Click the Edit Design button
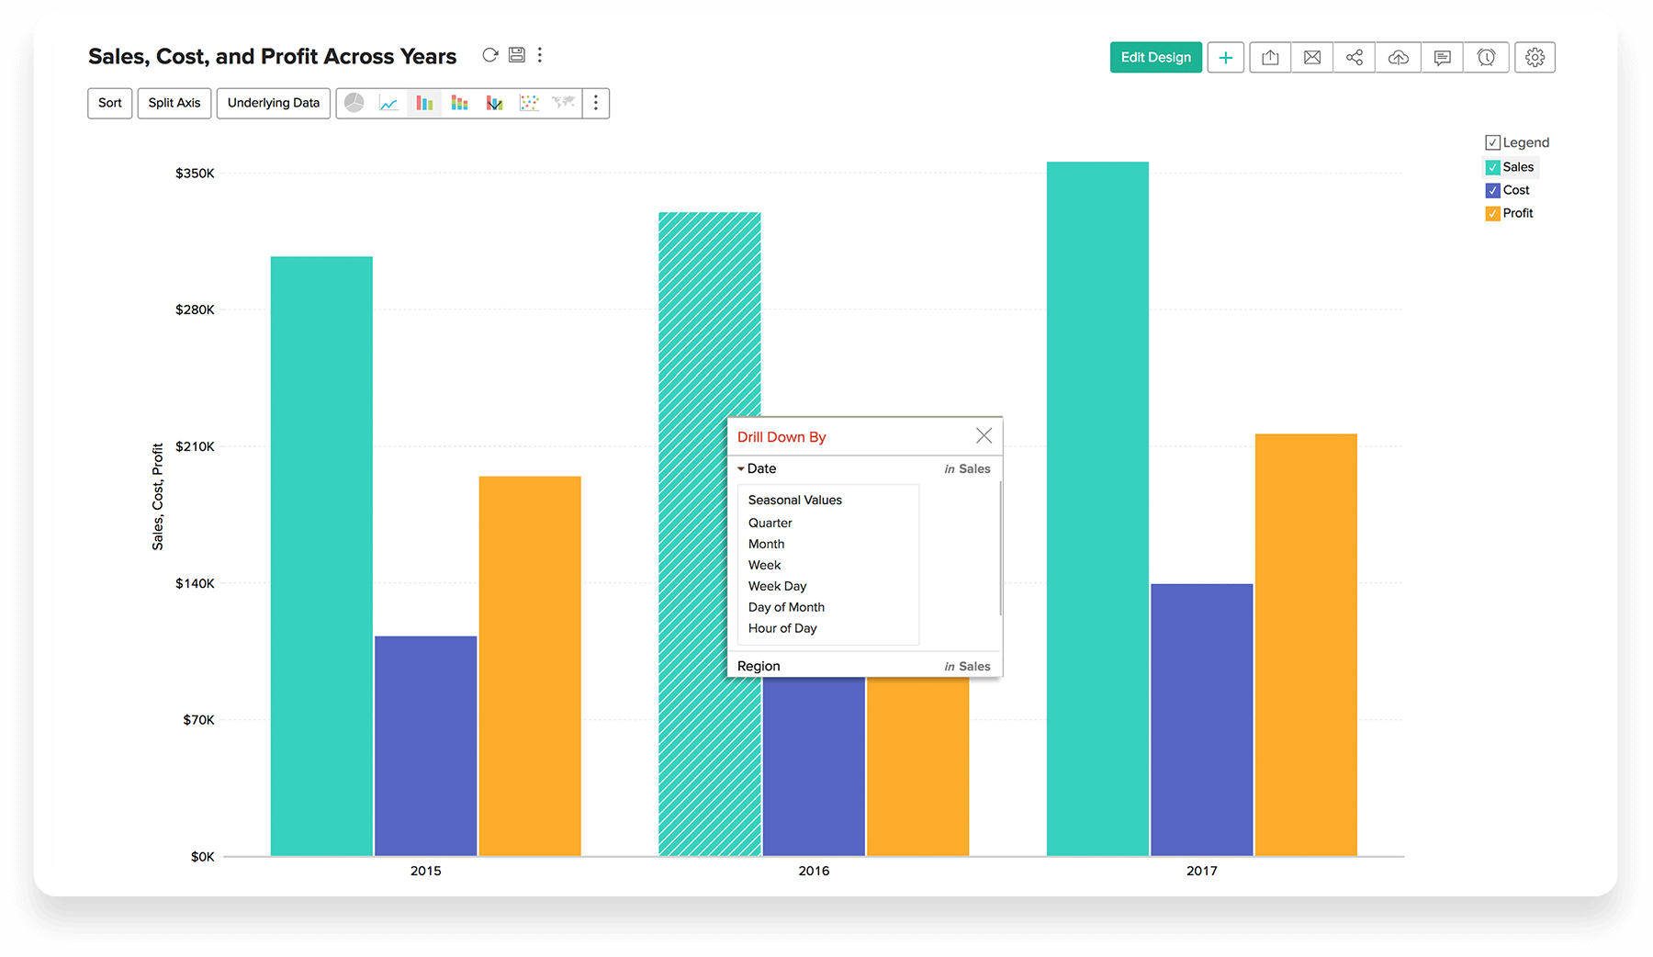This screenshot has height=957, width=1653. pyautogui.click(x=1155, y=57)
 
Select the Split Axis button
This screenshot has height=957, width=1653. pyautogui.click(x=174, y=103)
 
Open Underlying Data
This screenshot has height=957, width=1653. pyautogui.click(x=273, y=103)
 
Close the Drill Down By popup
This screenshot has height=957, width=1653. pyautogui.click(x=984, y=435)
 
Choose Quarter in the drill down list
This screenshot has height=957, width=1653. pyautogui.click(x=770, y=523)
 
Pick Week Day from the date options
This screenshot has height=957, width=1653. pyautogui.click(x=777, y=586)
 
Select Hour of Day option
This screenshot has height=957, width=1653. pyautogui.click(x=782, y=628)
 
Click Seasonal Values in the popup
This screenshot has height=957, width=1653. pyautogui.click(x=794, y=500)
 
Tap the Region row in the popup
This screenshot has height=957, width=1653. pyautogui.click(x=759, y=666)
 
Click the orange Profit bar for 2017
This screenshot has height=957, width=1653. pyautogui.click(x=1305, y=643)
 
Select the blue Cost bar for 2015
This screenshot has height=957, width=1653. pyautogui.click(x=425, y=744)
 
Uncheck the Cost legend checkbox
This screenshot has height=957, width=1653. pyautogui.click(x=1492, y=190)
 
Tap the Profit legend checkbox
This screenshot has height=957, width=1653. pyautogui.click(x=1492, y=213)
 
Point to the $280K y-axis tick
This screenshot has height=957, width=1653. pyautogui.click(x=195, y=310)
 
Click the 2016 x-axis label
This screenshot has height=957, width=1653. pyautogui.click(x=814, y=871)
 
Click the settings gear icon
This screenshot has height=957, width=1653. pyautogui.click(x=1535, y=57)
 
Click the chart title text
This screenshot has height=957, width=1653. pyautogui.click(x=272, y=57)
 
